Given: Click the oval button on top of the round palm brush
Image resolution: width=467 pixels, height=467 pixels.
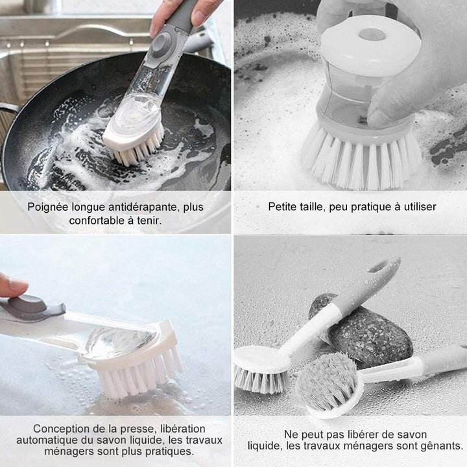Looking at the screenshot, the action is point(372,34).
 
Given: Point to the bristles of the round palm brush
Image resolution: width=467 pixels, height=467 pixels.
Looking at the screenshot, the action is point(361,161).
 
